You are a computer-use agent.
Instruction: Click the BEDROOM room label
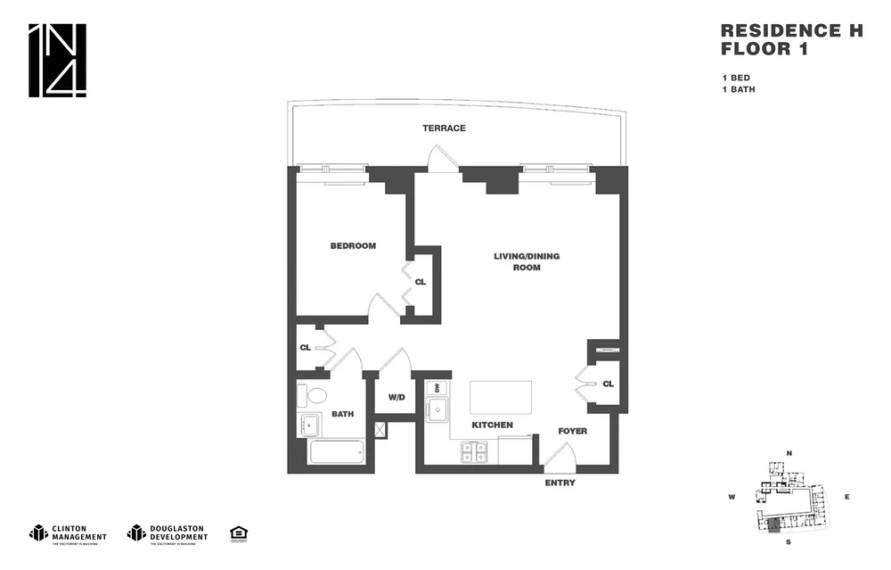[353, 246]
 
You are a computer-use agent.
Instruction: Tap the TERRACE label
[444, 128]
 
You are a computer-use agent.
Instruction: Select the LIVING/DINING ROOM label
[527, 261]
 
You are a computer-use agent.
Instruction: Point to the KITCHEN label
[492, 425]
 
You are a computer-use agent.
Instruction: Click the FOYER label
[572, 431]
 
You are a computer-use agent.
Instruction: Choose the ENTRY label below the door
[560, 483]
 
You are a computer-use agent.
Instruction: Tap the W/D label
[396, 397]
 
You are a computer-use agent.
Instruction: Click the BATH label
[343, 414]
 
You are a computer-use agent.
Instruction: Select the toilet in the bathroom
[314, 394]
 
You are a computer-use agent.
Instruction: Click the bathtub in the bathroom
[336, 451]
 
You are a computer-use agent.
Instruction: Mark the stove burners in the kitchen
[473, 453]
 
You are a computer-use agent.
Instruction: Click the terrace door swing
[442, 159]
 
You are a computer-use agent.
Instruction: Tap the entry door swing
[559, 458]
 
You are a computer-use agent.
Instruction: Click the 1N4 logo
[58, 61]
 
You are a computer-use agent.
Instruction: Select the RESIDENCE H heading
[791, 30]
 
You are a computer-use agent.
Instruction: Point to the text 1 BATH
[738, 89]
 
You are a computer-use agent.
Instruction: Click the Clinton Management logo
[68, 533]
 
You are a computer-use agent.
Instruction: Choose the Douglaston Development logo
[168, 533]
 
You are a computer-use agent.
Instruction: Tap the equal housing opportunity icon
[238, 533]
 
